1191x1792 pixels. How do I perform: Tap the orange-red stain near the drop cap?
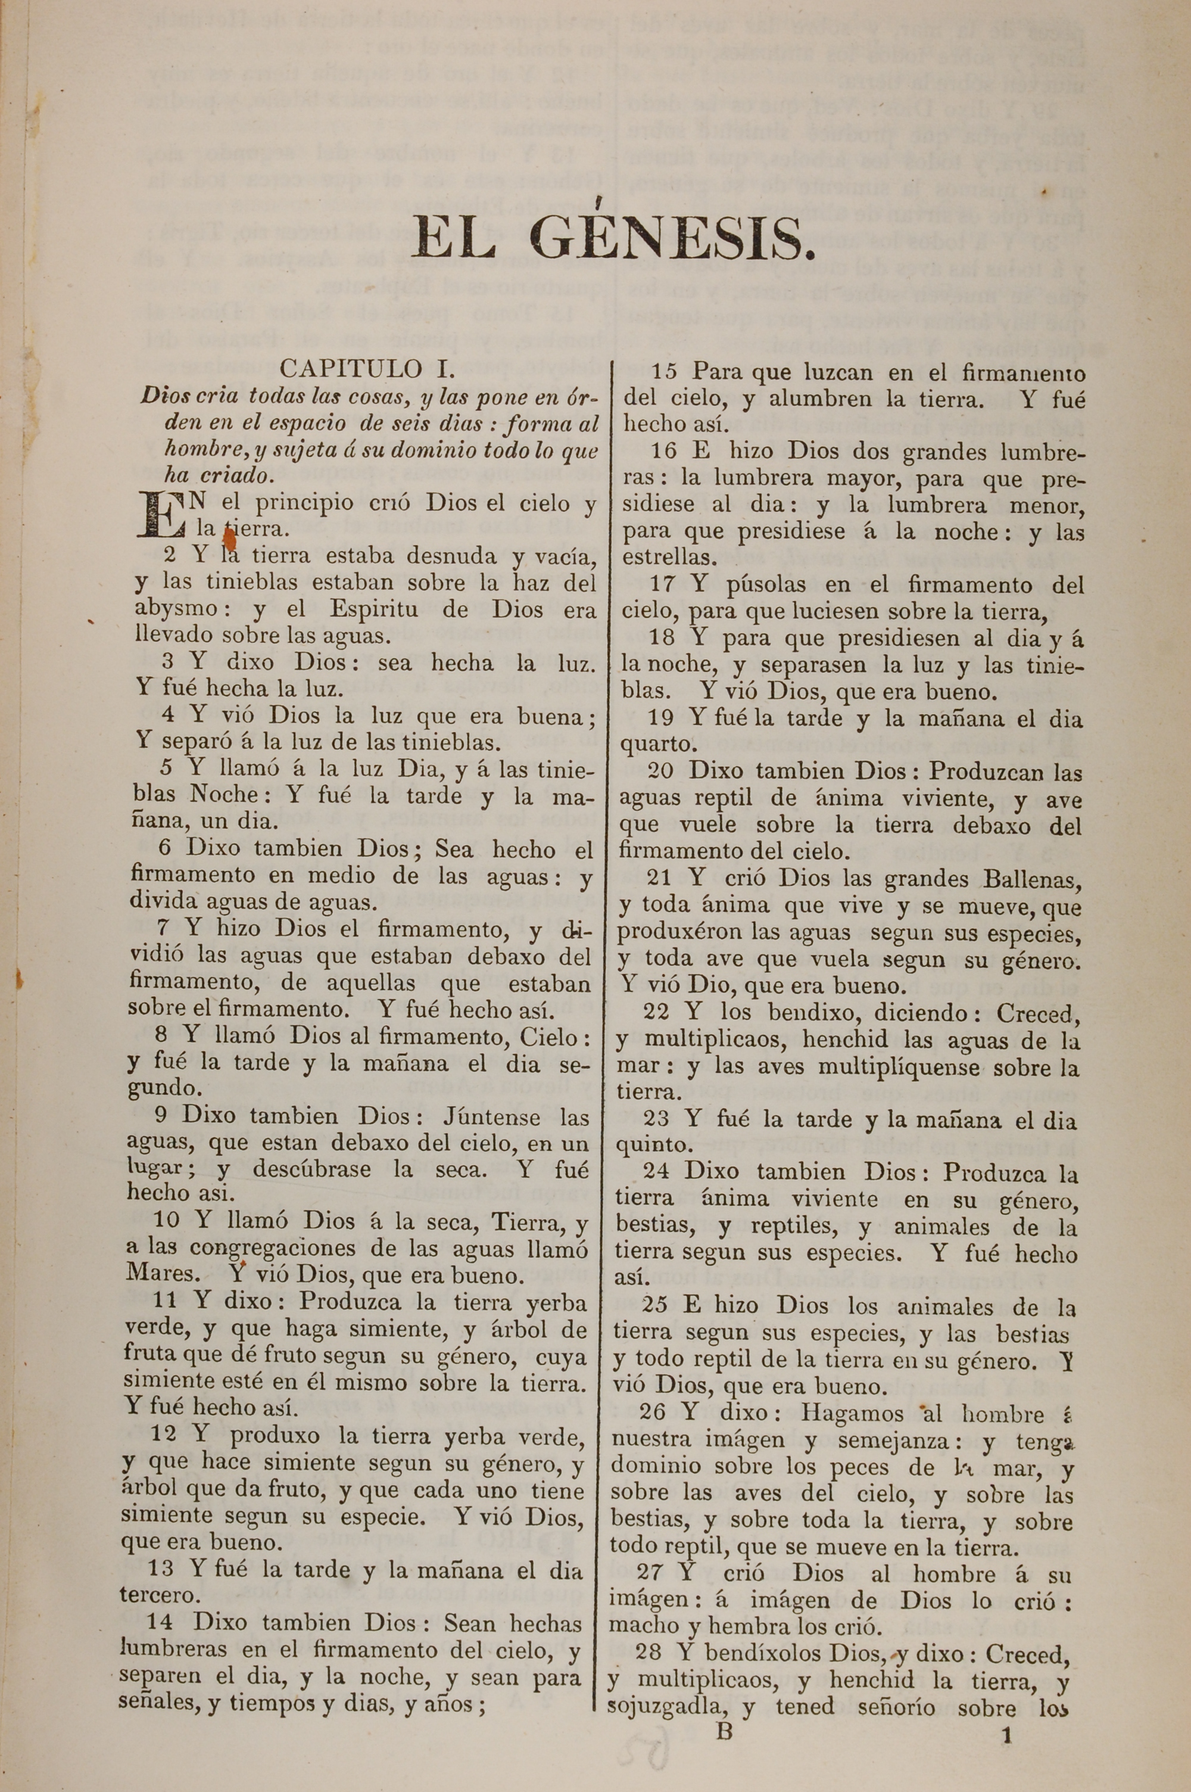[229, 539]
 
